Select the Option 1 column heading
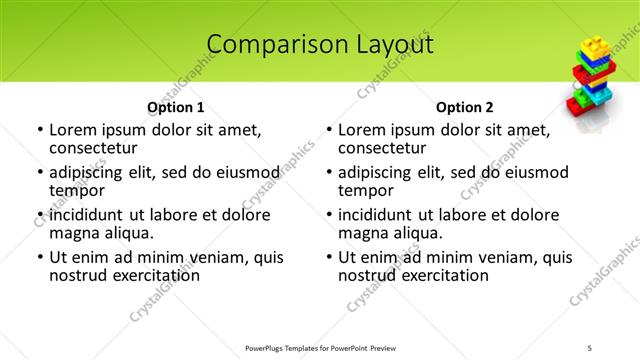tap(176, 107)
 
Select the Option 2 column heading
tap(465, 107)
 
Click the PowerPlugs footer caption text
tap(320, 347)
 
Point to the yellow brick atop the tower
tap(591, 48)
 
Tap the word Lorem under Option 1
tap(75, 130)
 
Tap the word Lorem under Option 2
tap(364, 130)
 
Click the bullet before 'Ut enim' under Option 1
tap(38, 257)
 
